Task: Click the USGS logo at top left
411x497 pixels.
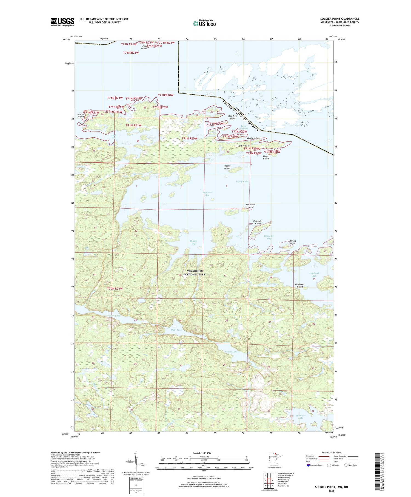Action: click(x=62, y=22)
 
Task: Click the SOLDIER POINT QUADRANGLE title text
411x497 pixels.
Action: click(x=339, y=19)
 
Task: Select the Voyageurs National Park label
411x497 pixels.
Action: click(x=195, y=272)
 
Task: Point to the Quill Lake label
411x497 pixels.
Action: click(x=176, y=330)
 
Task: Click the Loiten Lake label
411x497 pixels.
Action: click(x=231, y=351)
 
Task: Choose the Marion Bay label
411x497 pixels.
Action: click(x=193, y=242)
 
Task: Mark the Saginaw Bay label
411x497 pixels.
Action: click(x=207, y=194)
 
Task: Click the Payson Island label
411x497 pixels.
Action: click(x=227, y=167)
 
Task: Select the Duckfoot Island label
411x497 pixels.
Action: click(x=250, y=206)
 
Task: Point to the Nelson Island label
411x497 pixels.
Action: click(x=292, y=242)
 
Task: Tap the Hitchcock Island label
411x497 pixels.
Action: click(x=300, y=285)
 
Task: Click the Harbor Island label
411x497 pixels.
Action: click(x=81, y=115)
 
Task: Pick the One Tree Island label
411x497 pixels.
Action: click(x=232, y=117)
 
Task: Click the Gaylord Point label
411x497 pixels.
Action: click(x=254, y=138)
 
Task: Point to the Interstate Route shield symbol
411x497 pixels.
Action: click(x=308, y=465)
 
